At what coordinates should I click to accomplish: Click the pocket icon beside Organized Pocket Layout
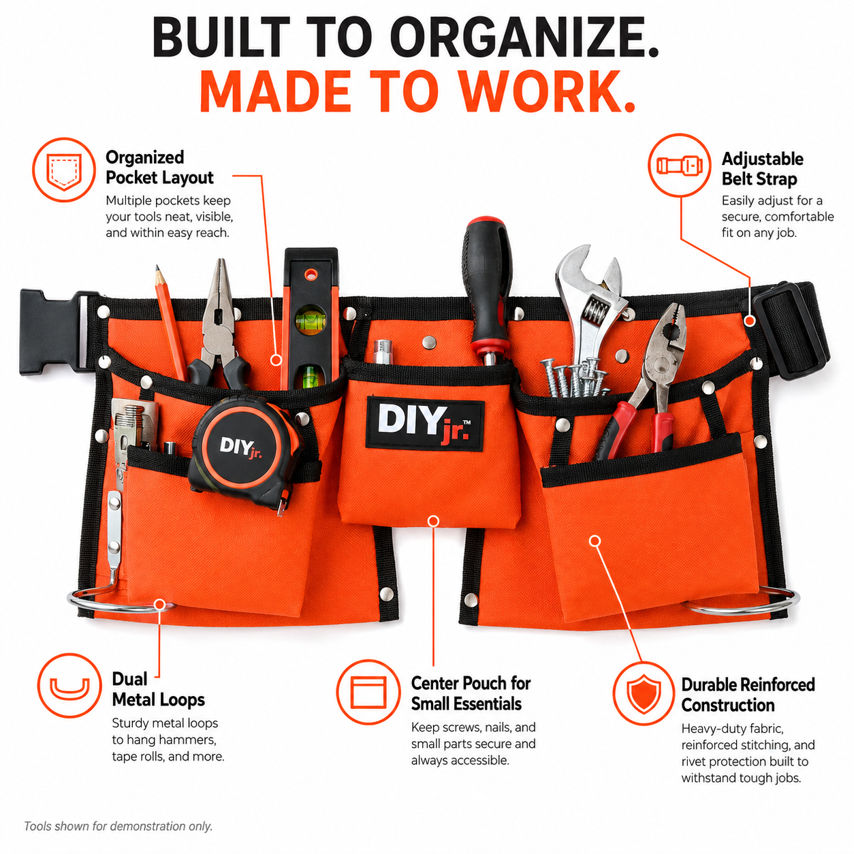[x=64, y=170]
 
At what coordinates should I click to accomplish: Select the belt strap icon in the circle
[x=680, y=165]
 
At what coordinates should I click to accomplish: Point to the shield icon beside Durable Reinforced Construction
[x=644, y=693]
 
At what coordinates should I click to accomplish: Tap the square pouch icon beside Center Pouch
[x=368, y=692]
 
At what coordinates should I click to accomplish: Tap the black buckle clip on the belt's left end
[x=53, y=332]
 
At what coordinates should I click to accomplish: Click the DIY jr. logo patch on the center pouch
[x=424, y=423]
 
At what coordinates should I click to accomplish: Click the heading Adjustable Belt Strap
[x=762, y=169]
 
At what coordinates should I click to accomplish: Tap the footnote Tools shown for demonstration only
[x=118, y=826]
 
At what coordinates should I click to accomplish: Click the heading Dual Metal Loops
[x=158, y=689]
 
